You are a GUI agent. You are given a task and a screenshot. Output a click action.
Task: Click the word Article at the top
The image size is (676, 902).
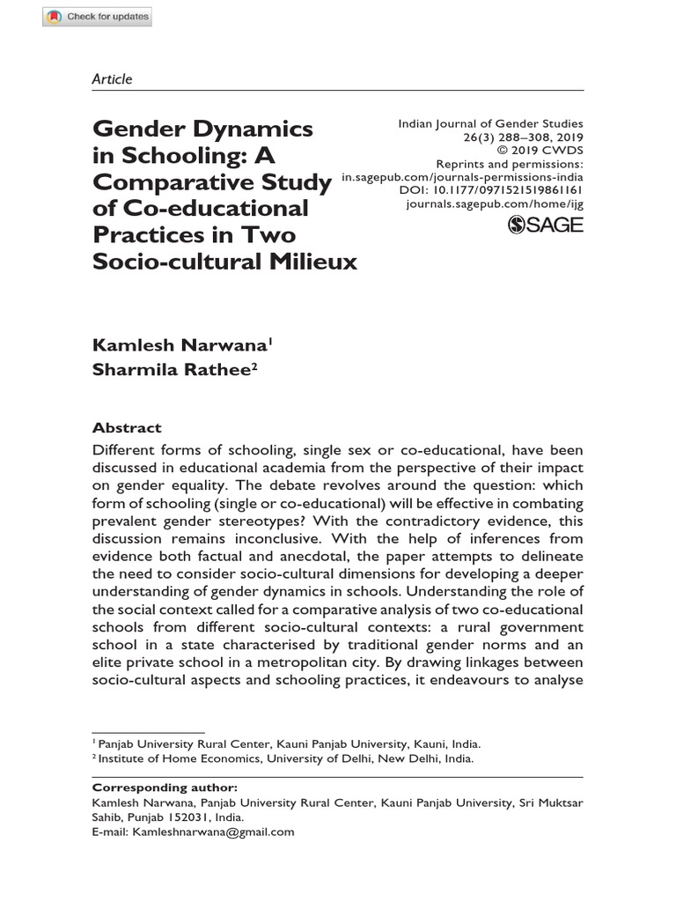point(112,79)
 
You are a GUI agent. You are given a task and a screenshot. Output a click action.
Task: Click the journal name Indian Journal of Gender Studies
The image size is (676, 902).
point(491,124)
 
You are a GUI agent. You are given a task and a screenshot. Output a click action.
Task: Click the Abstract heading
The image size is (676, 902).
point(127,428)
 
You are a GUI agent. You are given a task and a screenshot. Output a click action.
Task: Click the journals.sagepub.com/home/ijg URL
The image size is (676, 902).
point(494,203)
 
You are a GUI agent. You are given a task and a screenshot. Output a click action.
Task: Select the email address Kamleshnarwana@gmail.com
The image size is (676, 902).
point(213,831)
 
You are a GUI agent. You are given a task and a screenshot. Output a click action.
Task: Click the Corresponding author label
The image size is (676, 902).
point(165,787)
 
